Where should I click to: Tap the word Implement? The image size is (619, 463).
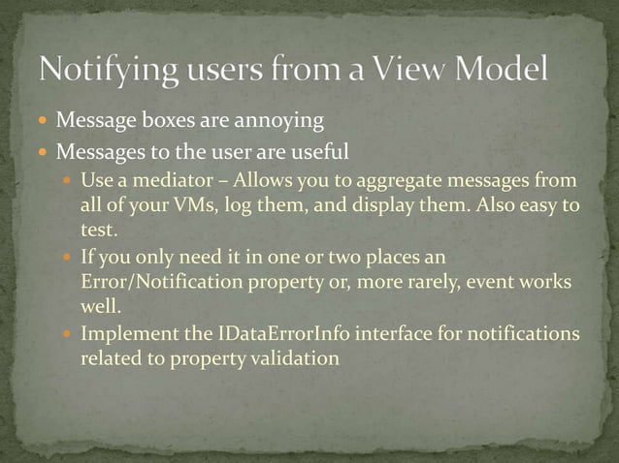125,334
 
